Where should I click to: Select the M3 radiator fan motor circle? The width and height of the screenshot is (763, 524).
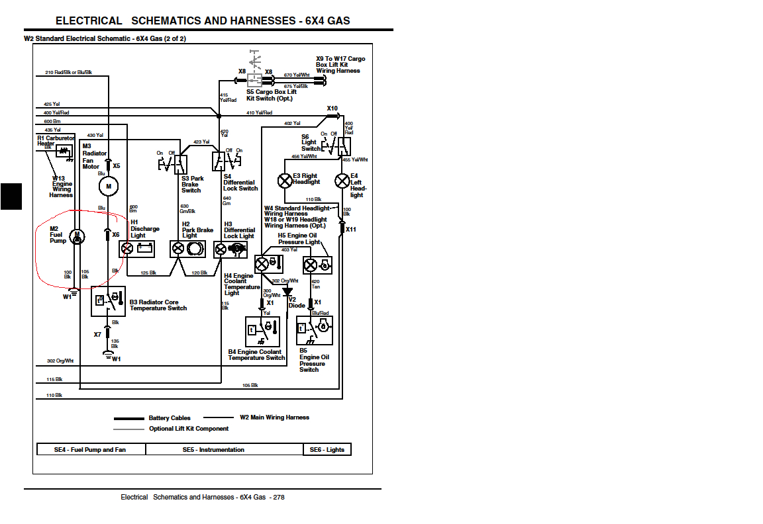pyautogui.click(x=108, y=187)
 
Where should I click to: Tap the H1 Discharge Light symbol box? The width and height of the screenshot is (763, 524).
pyautogui.click(x=137, y=249)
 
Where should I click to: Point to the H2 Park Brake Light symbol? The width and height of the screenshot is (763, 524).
pyautogui.click(x=189, y=249)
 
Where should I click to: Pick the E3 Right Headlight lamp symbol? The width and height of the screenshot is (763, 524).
pyautogui.click(x=285, y=180)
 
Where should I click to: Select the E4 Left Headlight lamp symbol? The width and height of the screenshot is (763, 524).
pyautogui.click(x=342, y=180)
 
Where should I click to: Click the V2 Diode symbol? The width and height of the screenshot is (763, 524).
pyautogui.click(x=287, y=291)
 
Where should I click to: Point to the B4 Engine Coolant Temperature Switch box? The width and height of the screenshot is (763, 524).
pyautogui.click(x=262, y=331)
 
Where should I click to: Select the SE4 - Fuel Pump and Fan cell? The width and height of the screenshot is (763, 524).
pyautogui.click(x=89, y=450)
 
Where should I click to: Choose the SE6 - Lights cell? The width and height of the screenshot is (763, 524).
pyautogui.click(x=327, y=450)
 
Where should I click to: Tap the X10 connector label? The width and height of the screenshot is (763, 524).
pyautogui.click(x=332, y=109)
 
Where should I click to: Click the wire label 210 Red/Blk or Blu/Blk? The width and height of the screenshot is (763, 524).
pyautogui.click(x=68, y=71)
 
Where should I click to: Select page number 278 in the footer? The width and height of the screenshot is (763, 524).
pyautogui.click(x=279, y=497)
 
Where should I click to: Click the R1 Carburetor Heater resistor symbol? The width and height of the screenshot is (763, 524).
pyautogui.click(x=64, y=152)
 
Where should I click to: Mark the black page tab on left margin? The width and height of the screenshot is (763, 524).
pyautogui.click(x=11, y=196)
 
